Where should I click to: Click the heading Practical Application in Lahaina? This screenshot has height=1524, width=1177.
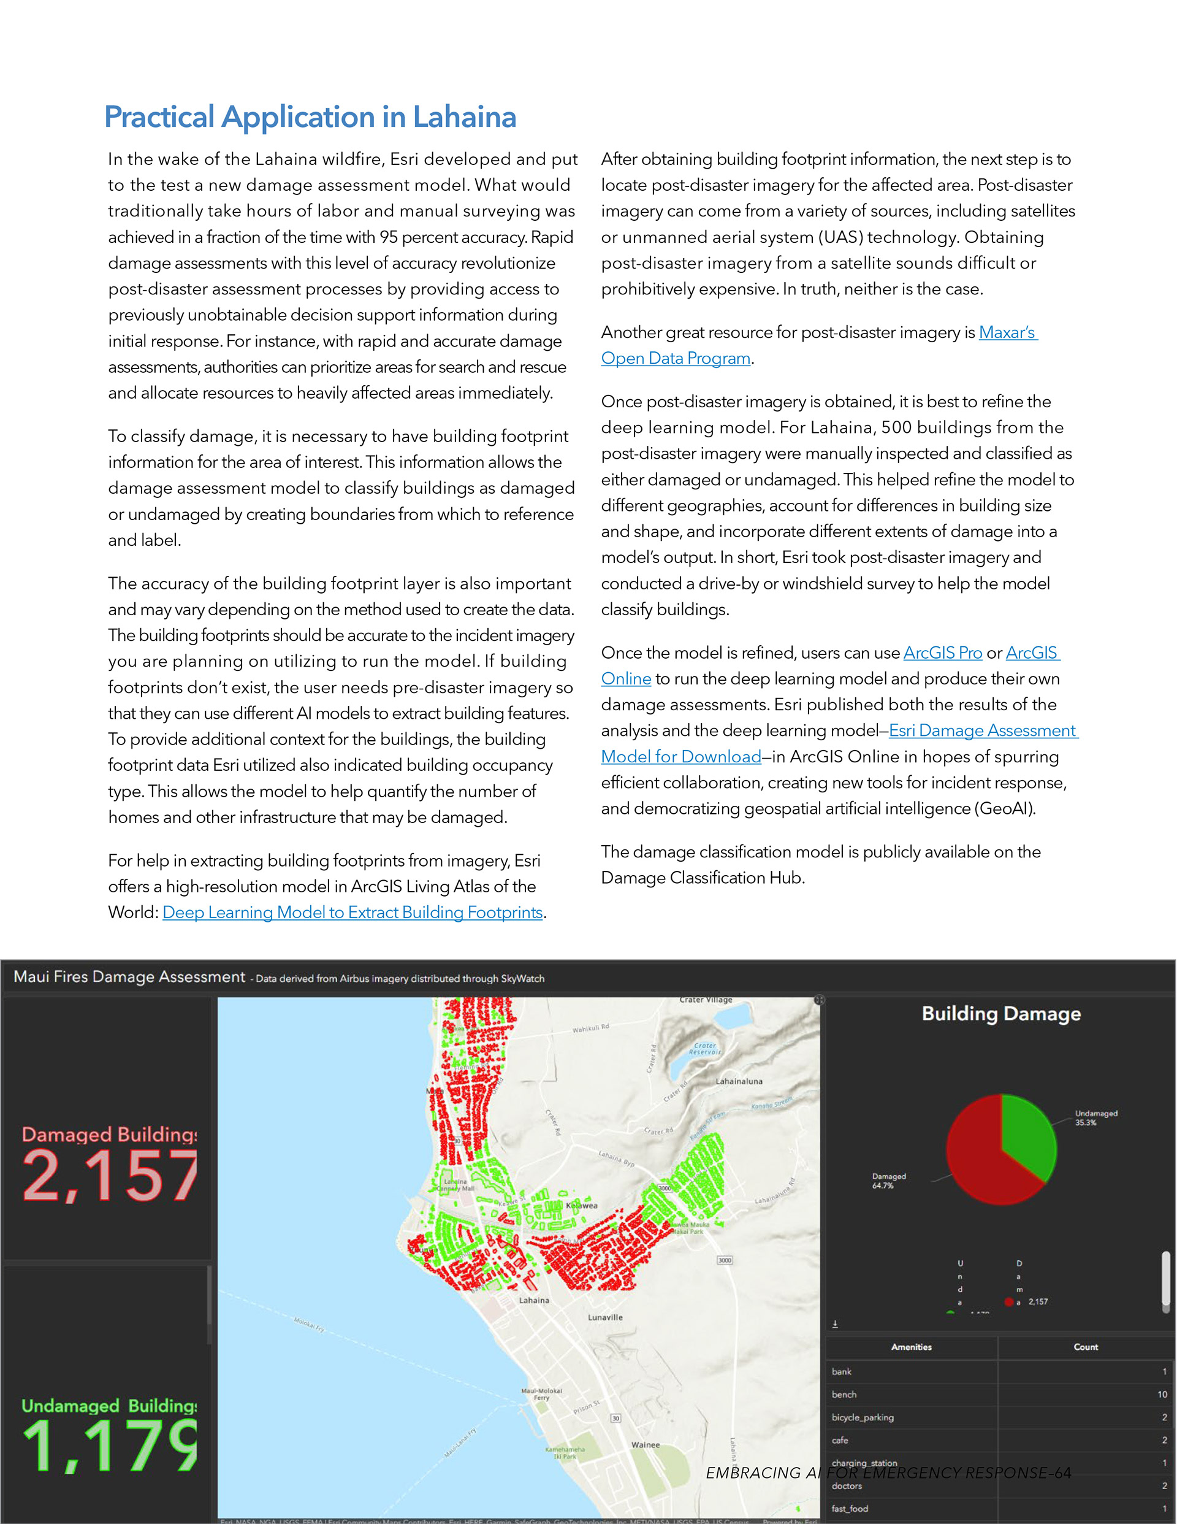pos(310,117)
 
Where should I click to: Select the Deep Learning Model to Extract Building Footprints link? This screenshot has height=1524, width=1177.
pos(352,913)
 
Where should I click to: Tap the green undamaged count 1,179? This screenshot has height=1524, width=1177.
pos(110,1446)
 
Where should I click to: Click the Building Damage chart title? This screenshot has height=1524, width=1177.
pos(1000,1014)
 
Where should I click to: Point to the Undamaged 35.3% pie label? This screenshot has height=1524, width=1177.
pos(1095,1118)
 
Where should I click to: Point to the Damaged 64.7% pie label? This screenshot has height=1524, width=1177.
pos(888,1181)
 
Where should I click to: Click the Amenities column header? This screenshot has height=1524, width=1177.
pos(911,1347)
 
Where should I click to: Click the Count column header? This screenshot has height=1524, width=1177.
pos(1085,1347)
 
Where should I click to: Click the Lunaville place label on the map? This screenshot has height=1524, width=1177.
pos(605,1317)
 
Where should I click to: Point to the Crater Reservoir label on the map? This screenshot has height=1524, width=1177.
pos(704,1049)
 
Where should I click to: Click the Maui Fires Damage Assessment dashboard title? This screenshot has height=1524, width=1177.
pos(130,977)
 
